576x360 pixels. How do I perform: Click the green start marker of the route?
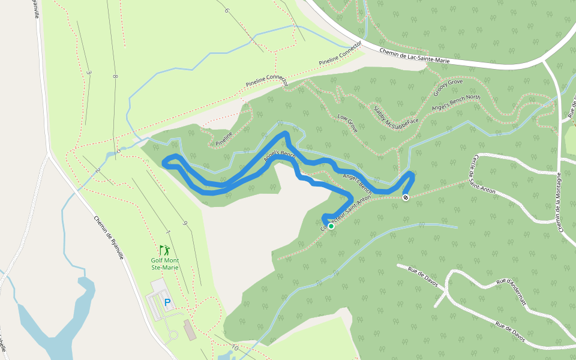[331, 226]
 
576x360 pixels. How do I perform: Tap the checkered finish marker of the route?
[406, 197]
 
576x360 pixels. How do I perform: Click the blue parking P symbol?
[167, 303]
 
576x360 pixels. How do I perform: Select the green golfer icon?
[164, 250]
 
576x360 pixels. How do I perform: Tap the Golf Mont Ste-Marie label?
[164, 264]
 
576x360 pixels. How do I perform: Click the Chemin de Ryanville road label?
[109, 237]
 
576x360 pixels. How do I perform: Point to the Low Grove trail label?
[347, 123]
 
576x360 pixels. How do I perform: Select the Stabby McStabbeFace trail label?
[395, 118]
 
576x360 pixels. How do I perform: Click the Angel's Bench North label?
[457, 106]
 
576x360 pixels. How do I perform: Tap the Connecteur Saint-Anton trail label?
[346, 213]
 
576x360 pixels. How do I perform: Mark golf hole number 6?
[227, 10]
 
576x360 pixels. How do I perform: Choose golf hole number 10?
[234, 348]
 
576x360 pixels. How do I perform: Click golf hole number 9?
[185, 223]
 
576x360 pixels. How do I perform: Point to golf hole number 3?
[89, 73]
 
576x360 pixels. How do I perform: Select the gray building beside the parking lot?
[190, 329]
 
